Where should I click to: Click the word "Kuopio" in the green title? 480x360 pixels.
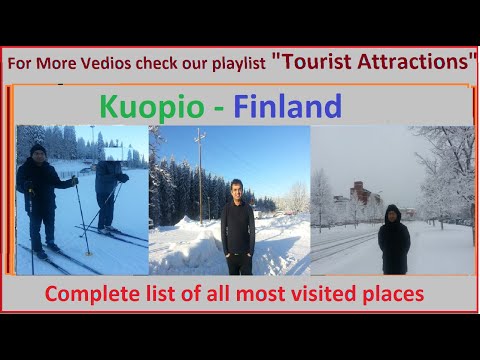pyautogui.click(x=146, y=106)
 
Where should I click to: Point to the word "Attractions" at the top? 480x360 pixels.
pyautogui.click(x=416, y=61)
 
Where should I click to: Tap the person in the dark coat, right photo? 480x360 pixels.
pyautogui.click(x=393, y=240)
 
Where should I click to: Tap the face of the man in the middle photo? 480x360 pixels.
pyautogui.click(x=236, y=188)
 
